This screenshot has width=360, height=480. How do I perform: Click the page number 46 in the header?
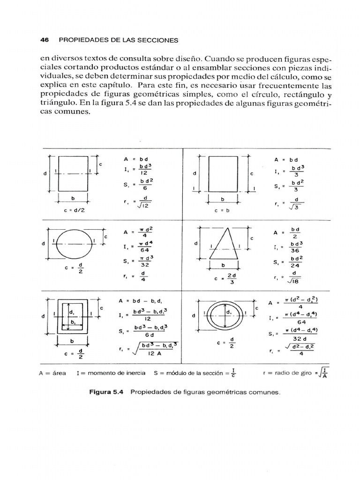(x=45, y=40)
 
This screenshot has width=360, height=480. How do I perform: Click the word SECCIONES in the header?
(x=156, y=40)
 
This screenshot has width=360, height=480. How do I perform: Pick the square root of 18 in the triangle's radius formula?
(x=294, y=282)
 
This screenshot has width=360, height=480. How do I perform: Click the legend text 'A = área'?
(x=53, y=373)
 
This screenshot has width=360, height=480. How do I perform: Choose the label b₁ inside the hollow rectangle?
(x=74, y=322)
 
